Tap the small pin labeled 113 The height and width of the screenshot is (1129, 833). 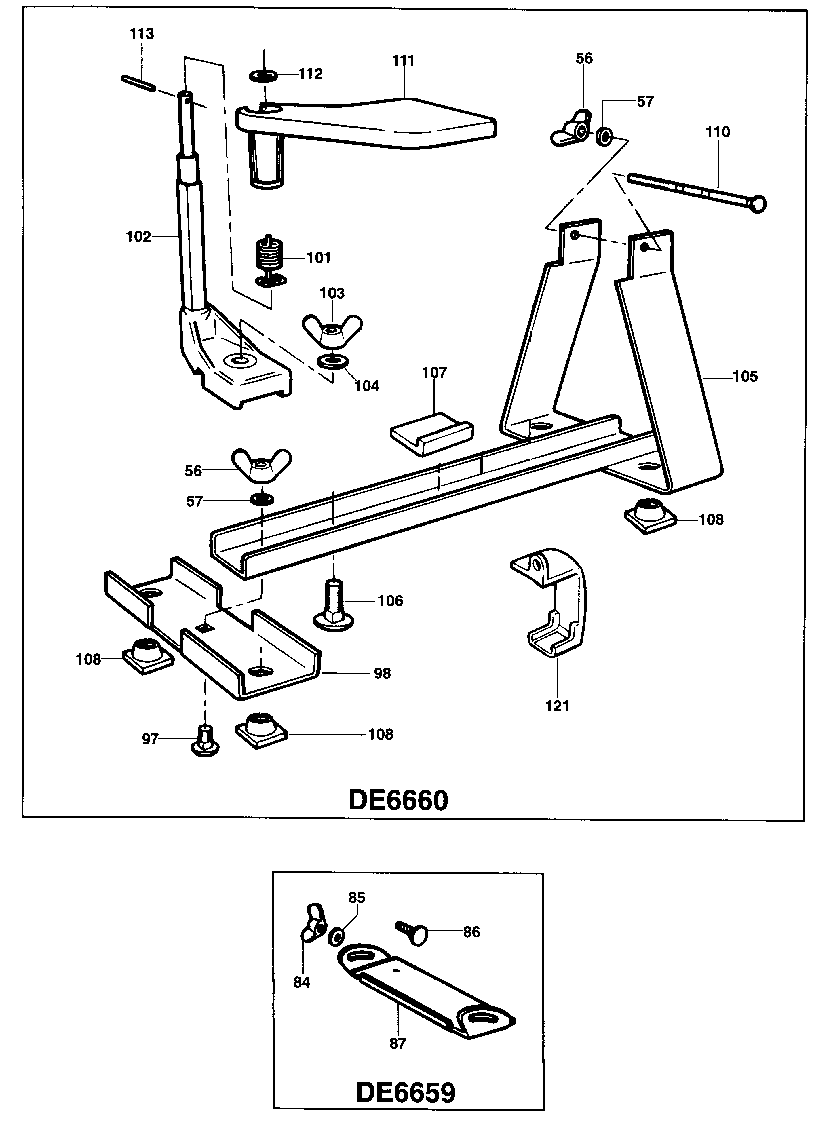coord(137,83)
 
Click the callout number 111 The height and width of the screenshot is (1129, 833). coord(403,60)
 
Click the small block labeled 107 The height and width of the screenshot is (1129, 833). coord(432,432)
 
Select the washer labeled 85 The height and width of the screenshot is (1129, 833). coord(336,937)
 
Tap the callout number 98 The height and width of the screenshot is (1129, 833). coord(382,673)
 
